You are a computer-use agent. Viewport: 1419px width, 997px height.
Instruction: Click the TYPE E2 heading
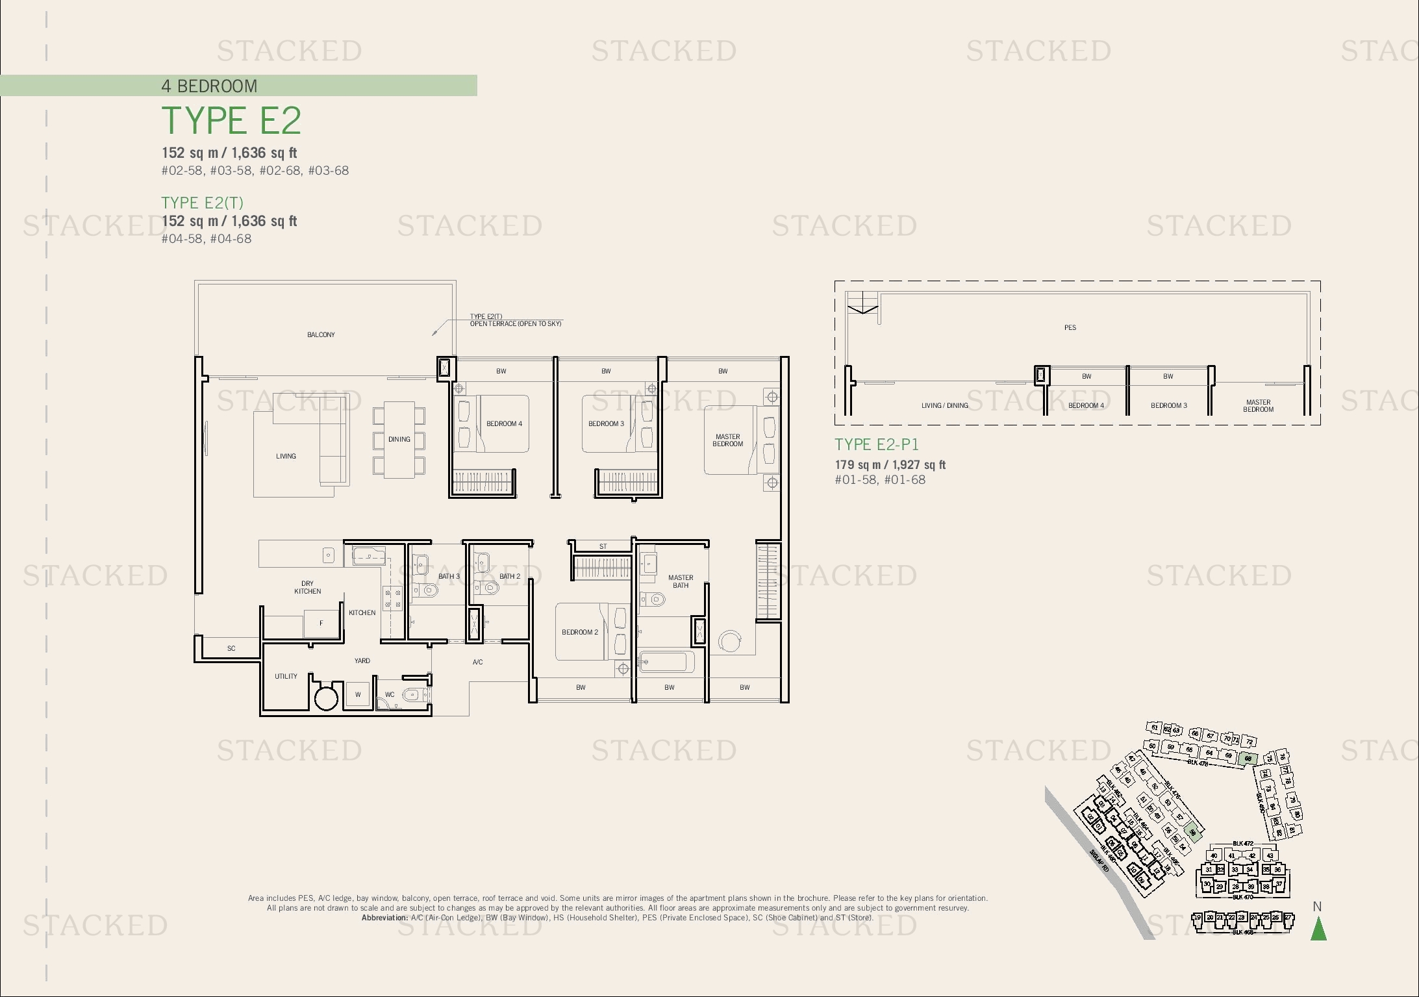[x=231, y=121]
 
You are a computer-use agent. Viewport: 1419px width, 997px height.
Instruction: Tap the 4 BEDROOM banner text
[x=209, y=86]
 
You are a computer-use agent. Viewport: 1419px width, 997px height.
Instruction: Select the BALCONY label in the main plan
[x=321, y=334]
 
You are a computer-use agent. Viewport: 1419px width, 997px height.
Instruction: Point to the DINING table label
[x=399, y=440]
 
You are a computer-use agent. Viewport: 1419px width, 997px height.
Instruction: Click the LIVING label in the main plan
[x=286, y=456]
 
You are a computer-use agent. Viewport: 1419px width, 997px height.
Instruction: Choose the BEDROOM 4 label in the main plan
[x=504, y=423]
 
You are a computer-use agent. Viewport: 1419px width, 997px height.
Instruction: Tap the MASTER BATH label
[x=680, y=581]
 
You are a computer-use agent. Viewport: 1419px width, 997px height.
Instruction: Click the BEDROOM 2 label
[x=580, y=632]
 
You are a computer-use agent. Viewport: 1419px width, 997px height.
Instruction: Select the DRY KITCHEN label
[x=307, y=587]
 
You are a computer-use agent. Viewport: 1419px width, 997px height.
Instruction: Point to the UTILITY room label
[x=286, y=676]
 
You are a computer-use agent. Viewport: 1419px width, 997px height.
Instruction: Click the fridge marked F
[x=321, y=624]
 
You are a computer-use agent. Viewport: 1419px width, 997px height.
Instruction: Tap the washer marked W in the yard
[x=357, y=694]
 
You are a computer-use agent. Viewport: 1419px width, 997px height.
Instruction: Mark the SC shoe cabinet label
[x=231, y=648]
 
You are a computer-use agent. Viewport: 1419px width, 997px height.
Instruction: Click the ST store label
[x=603, y=546]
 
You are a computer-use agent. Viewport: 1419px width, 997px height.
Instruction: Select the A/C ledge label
[x=477, y=662]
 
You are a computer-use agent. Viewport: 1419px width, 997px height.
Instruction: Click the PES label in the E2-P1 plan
[x=1070, y=327]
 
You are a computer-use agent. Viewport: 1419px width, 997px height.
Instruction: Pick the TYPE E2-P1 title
[x=876, y=444]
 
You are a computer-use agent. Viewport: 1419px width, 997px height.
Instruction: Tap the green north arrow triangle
[x=1318, y=929]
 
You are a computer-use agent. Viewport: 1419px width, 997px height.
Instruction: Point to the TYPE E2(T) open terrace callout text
[x=515, y=320]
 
